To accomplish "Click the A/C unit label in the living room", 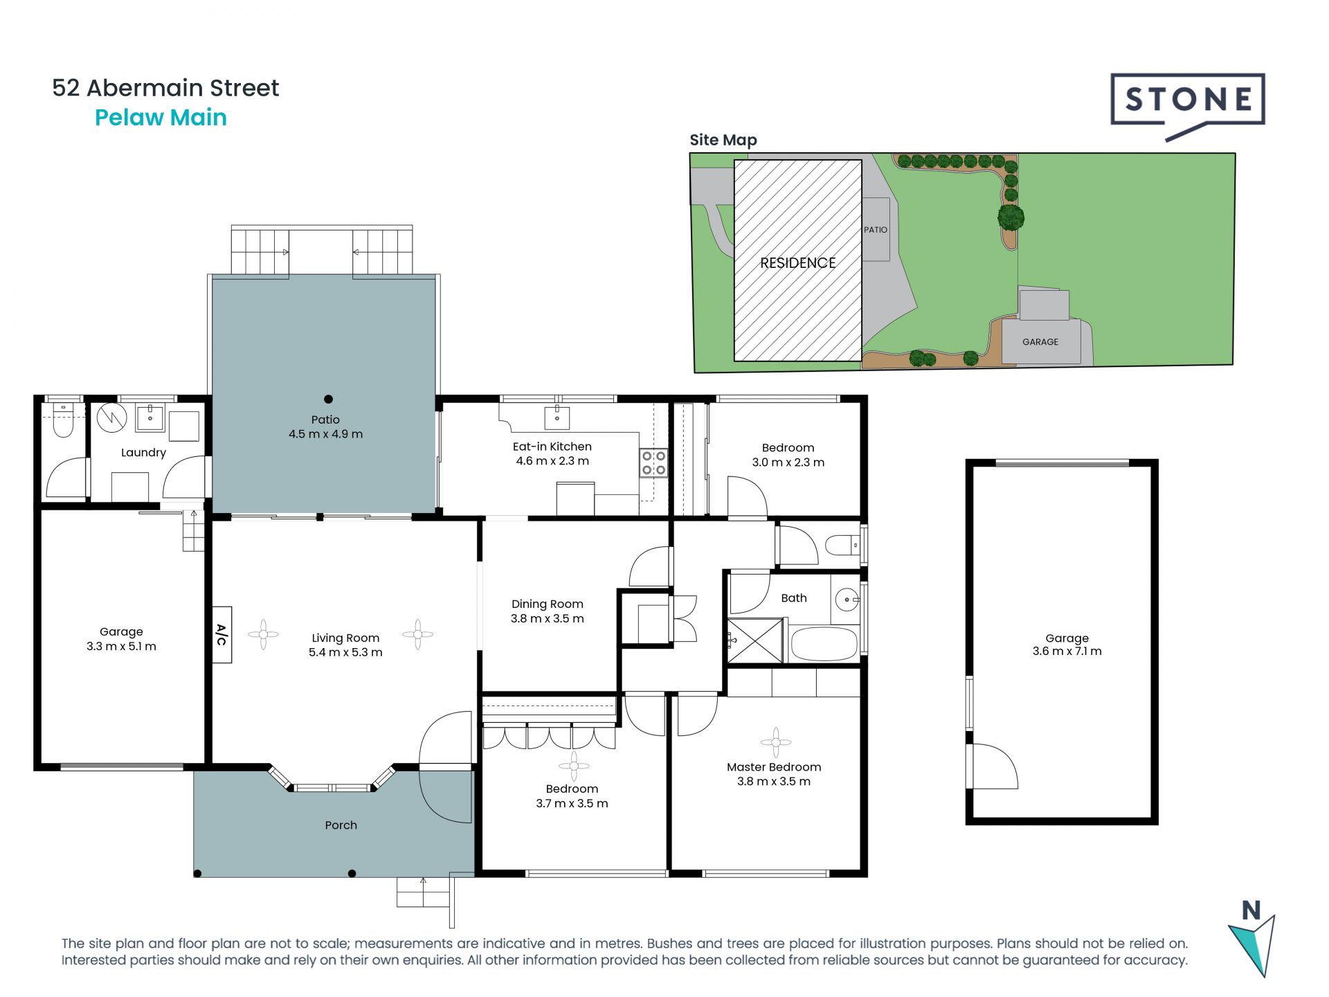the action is click(221, 635).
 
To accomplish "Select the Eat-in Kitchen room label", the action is click(552, 447).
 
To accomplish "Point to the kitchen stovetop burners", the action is click(653, 463).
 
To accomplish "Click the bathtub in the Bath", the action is click(824, 644).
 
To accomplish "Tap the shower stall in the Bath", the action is click(754, 641).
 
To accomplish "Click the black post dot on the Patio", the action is click(328, 399).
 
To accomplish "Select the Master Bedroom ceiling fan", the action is click(775, 742).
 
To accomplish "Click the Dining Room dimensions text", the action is click(548, 619).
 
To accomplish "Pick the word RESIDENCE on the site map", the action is click(798, 263).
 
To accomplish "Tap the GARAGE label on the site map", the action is click(1040, 342).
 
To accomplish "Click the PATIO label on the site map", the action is click(876, 230).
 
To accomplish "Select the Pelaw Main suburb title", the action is click(161, 118).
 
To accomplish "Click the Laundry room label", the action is click(143, 453).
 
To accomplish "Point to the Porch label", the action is click(341, 825).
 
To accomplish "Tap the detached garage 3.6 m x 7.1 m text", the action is click(1067, 652).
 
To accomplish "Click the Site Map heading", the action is click(723, 141).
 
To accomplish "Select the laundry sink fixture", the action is click(150, 419).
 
